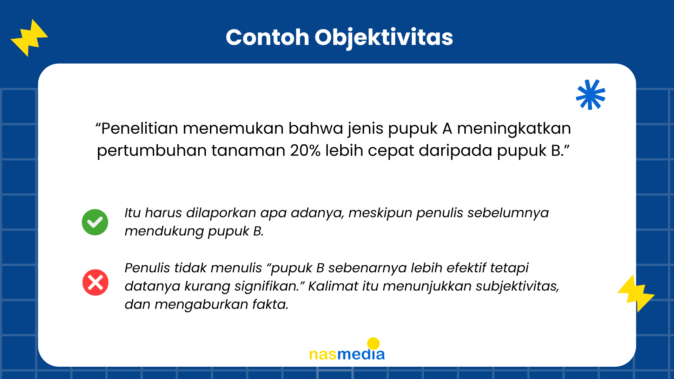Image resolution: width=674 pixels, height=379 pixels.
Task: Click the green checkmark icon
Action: [x=95, y=222]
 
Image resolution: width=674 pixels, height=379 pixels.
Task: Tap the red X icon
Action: [x=95, y=282]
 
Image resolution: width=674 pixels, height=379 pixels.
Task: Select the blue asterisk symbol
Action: [x=591, y=94]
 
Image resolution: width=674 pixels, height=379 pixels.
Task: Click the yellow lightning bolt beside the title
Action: [x=29, y=38]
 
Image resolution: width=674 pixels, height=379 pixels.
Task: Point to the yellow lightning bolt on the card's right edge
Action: [x=636, y=293]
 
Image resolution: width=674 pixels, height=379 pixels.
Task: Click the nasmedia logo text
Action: [x=347, y=354]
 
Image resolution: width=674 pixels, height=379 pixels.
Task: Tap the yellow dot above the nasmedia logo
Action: [x=373, y=344]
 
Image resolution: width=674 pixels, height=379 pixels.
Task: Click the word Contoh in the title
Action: [x=267, y=37]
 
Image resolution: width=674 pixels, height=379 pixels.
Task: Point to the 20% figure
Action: [x=305, y=151]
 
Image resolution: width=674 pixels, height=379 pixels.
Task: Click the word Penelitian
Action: [x=140, y=128]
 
